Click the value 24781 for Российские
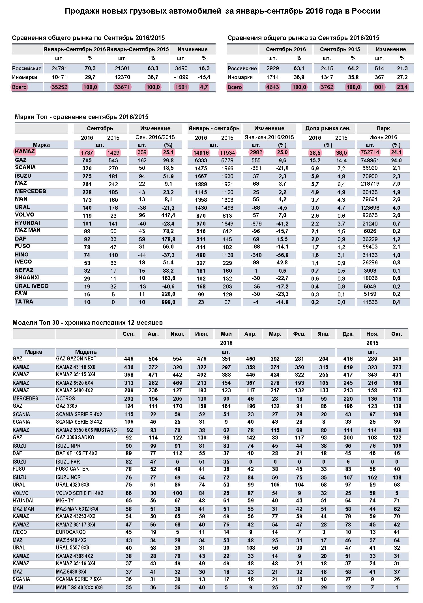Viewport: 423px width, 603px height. [x=59, y=68]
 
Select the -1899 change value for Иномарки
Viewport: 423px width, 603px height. [x=181, y=77]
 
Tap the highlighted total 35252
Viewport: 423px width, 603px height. [x=59, y=87]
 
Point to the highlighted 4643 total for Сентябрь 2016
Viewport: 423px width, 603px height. [x=272, y=87]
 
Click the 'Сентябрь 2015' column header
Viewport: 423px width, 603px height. [x=340, y=49]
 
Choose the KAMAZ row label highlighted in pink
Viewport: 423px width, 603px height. [x=25, y=151]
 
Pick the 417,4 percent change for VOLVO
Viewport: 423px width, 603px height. [x=168, y=215]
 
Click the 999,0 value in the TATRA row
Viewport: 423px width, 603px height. [x=168, y=302]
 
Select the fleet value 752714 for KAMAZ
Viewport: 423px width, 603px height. [x=370, y=152]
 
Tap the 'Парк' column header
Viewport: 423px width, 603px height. [x=383, y=128]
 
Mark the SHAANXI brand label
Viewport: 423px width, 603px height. [x=27, y=277]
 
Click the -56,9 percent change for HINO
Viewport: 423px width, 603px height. [x=282, y=255]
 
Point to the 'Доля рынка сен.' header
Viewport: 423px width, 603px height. [x=328, y=128]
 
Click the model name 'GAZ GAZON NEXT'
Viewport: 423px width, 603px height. [x=76, y=359]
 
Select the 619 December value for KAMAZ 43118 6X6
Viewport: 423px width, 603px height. [x=348, y=367]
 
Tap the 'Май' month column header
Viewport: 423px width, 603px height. [x=226, y=334]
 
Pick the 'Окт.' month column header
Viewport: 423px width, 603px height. [x=397, y=334]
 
